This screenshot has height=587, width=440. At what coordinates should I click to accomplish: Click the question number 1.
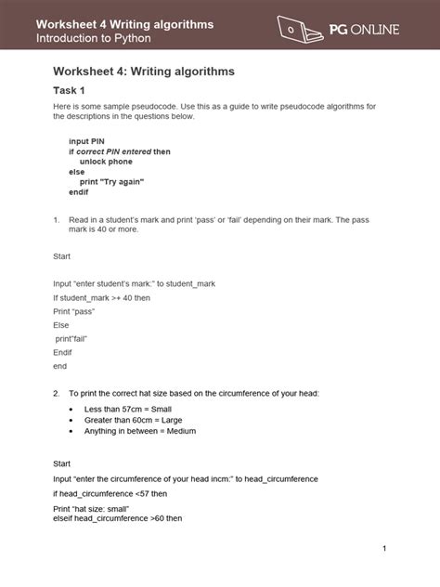[57, 219]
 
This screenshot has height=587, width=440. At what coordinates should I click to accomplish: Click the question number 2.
[57, 394]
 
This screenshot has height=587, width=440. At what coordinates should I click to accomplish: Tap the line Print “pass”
[74, 312]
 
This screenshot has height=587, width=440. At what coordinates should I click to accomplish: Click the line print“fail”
[77, 340]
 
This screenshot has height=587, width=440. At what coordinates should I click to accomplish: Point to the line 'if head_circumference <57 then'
[110, 494]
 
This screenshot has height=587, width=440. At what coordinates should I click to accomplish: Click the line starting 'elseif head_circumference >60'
[116, 518]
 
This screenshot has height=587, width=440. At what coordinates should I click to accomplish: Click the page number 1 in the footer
[383, 550]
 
